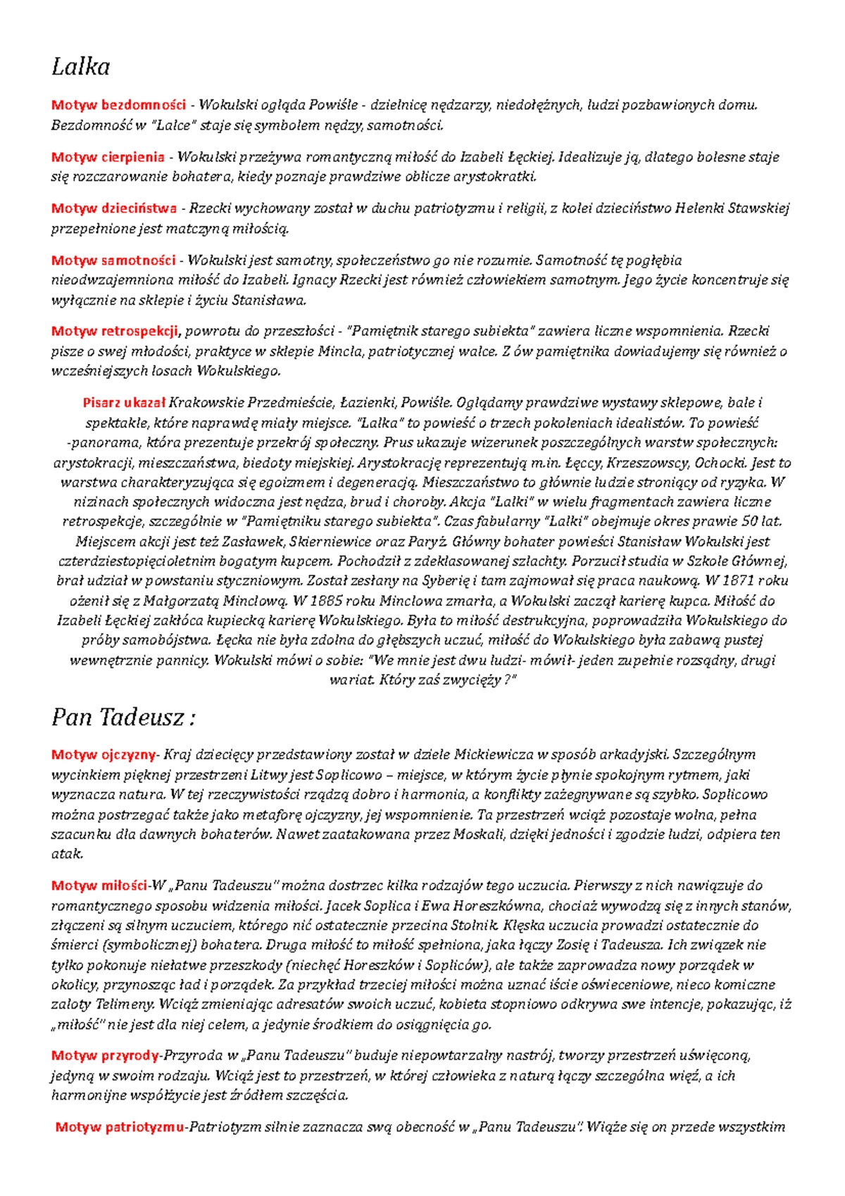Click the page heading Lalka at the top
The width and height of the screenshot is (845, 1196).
pos(80,67)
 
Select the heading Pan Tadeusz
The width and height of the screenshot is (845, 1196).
pos(123,718)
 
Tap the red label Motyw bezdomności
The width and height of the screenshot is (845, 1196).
pos(118,106)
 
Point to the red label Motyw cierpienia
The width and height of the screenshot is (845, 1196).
pos(108,157)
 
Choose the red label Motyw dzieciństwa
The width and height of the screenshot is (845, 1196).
pos(114,208)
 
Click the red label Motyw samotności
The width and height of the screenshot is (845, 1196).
pos(113,261)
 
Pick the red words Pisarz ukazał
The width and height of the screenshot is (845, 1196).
pos(124,403)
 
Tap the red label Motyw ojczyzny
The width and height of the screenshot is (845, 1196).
pos(103,755)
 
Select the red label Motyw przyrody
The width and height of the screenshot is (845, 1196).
pos(105,1056)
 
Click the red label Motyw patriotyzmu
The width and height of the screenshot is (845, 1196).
pos(120,1127)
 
